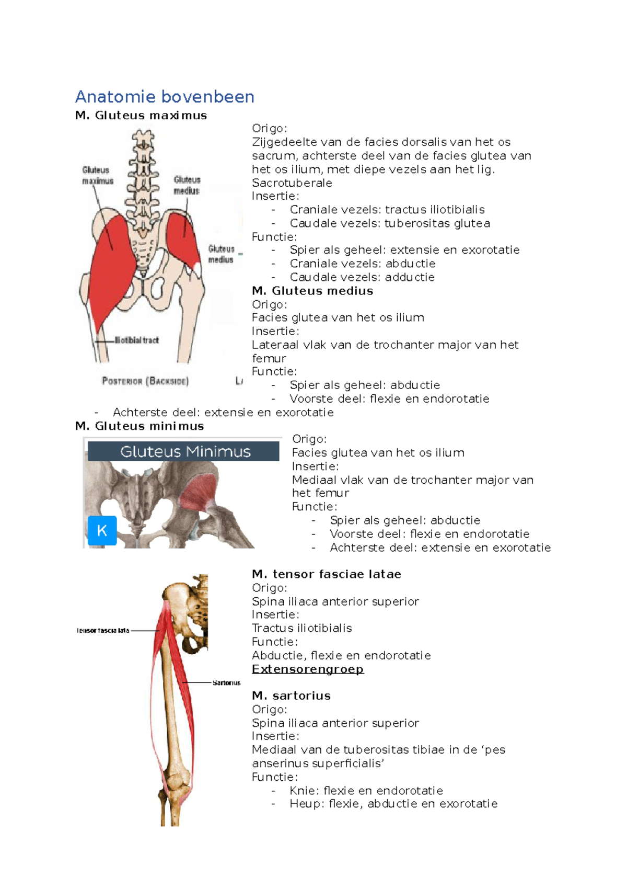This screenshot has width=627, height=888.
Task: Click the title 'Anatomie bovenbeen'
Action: click(x=165, y=97)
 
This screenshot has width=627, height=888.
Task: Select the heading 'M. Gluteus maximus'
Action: click(x=141, y=116)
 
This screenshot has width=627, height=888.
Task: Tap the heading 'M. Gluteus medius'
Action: click(x=312, y=291)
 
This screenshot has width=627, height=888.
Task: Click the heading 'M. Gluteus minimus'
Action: click(x=140, y=426)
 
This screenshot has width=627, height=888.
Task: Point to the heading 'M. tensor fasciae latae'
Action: click(x=326, y=574)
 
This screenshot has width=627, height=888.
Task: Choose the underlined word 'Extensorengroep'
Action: click(x=307, y=669)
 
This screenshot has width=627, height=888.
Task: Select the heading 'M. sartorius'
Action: click(x=291, y=696)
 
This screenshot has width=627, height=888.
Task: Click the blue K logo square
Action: click(x=102, y=530)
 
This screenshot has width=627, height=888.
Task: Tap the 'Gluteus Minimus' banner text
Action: click(x=185, y=451)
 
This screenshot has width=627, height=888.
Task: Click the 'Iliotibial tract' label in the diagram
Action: click(x=136, y=340)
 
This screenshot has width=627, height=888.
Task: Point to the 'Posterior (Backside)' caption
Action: click(x=145, y=381)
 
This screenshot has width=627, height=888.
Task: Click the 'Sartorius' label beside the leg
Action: click(x=226, y=683)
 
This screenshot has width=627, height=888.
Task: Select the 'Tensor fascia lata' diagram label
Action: click(x=103, y=631)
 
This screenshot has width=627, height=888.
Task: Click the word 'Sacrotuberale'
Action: click(x=292, y=183)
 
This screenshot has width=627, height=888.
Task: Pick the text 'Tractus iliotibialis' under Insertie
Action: click(x=301, y=628)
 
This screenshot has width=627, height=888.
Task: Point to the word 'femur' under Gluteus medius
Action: click(x=269, y=359)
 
